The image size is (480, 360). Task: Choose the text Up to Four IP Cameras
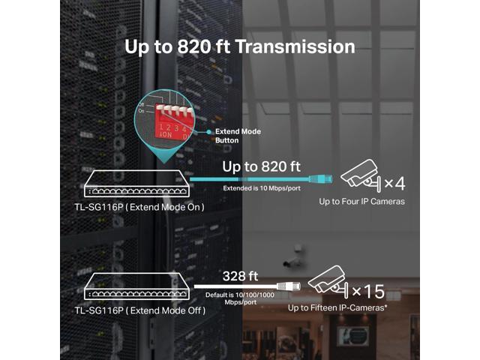(362, 202)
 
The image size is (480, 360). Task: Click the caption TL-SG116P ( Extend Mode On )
(139, 206)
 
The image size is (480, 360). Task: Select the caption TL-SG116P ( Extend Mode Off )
(139, 309)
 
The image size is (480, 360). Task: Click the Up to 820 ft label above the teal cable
(262, 166)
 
